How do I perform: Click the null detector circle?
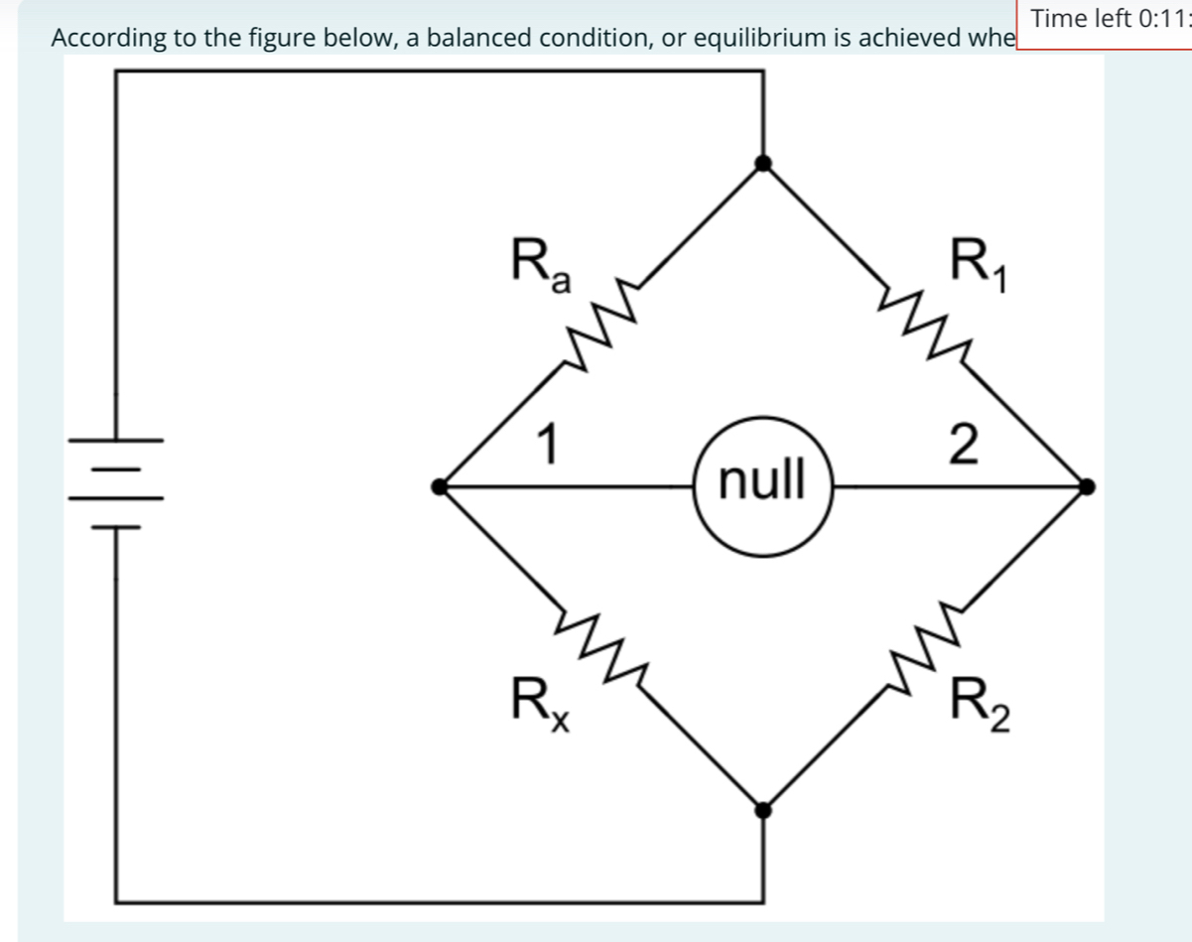pyautogui.click(x=761, y=486)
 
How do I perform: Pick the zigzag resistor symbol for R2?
pyautogui.click(x=924, y=649)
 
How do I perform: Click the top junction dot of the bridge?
pyautogui.click(x=762, y=164)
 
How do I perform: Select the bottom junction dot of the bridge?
pyautogui.click(x=762, y=810)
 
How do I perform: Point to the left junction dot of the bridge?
pyautogui.click(x=440, y=486)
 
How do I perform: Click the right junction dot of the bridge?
pyautogui.click(x=1087, y=486)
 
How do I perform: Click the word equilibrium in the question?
pyautogui.click(x=767, y=39)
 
